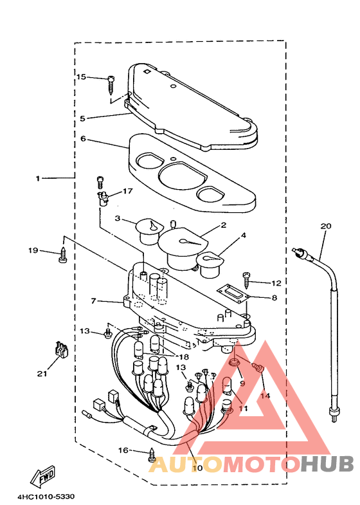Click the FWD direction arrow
click(43, 475)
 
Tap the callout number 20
click(325, 226)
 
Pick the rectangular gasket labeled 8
click(233, 293)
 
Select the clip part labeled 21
click(61, 349)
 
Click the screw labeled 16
click(152, 455)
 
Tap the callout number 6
click(83, 139)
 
